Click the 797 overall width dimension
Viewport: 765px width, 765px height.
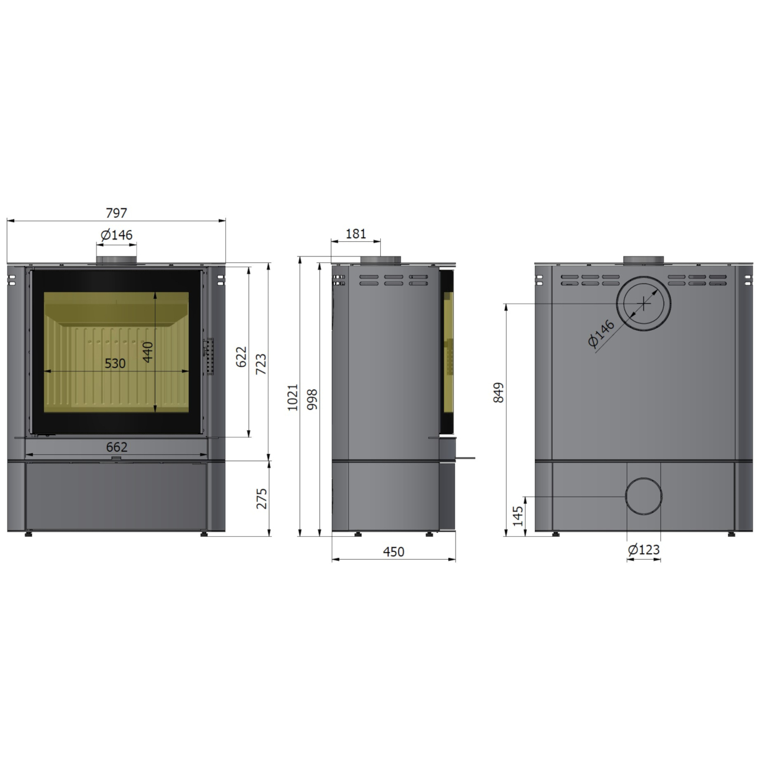click(117, 213)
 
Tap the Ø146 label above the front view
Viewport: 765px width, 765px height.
click(117, 235)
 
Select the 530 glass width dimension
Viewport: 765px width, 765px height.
click(115, 363)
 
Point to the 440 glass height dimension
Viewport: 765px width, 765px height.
click(147, 352)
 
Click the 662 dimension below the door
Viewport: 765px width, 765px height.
click(117, 447)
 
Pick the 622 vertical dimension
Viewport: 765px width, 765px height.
click(241, 357)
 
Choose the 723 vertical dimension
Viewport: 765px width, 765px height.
click(261, 364)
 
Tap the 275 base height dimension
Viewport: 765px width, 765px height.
click(262, 498)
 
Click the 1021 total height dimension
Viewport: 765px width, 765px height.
click(292, 397)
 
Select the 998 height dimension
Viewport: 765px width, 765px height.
click(312, 400)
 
